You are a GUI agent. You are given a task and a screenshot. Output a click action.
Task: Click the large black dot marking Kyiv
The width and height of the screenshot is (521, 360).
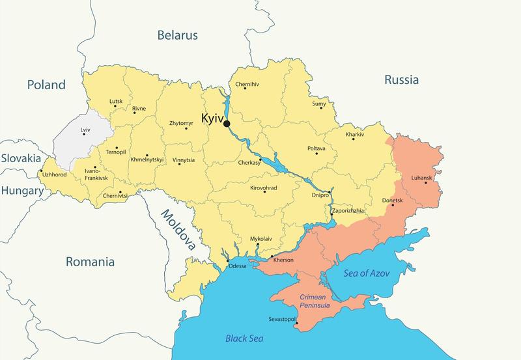(227, 124)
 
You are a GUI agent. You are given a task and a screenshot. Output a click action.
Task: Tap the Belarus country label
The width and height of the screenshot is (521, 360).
(177, 36)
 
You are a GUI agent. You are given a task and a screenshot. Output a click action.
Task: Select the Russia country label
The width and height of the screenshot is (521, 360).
(401, 80)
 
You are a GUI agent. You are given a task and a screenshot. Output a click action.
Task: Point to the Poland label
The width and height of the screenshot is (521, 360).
(46, 85)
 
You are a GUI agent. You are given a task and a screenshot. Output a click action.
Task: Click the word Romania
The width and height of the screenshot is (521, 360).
(90, 262)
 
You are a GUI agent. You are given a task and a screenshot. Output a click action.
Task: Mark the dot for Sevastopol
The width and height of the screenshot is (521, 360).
(296, 324)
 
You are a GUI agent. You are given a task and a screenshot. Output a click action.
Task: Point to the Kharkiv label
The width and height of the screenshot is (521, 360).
(355, 134)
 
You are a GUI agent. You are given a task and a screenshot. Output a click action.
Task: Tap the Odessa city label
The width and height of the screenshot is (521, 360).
(238, 266)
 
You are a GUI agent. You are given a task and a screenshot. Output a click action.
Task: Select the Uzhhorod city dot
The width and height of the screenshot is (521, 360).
(40, 171)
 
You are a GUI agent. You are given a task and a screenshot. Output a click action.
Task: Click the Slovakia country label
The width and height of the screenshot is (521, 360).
(20, 158)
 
